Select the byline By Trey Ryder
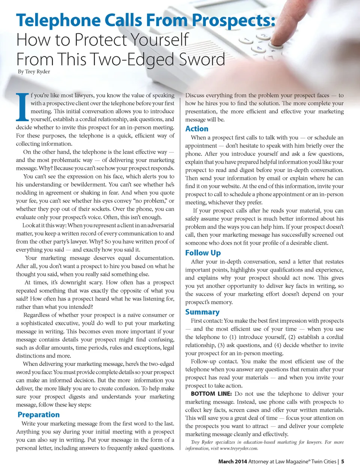click(x=34, y=72)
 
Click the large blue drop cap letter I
click(x=22, y=107)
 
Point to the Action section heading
click(x=196, y=128)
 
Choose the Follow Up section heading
click(x=203, y=253)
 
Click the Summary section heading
click(x=202, y=312)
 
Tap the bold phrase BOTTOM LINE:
click(x=211, y=394)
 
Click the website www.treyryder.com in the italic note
click(x=239, y=448)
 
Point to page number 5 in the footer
click(x=343, y=462)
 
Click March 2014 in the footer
click(x=232, y=462)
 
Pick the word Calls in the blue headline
click(x=123, y=20)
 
